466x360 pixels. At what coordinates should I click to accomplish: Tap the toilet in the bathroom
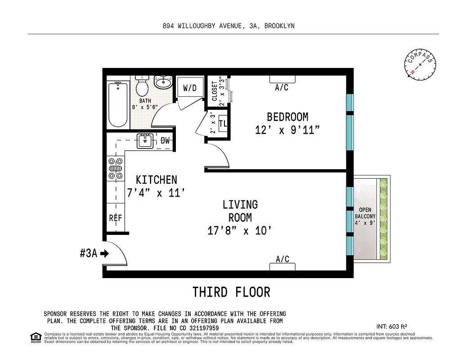point(143,85)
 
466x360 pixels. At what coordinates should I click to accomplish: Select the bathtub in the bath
point(118,104)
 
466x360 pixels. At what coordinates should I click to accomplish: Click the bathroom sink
point(163,82)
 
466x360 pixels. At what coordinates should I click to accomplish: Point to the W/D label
point(190,88)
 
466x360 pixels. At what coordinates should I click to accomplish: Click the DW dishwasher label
point(166,141)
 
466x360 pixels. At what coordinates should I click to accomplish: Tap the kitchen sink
point(145,141)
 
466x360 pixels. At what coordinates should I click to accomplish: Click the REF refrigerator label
point(116,218)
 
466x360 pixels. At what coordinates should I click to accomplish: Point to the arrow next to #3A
point(105,254)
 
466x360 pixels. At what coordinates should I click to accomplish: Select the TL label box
point(223,123)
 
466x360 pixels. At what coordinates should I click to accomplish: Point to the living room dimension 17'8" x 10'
point(240,231)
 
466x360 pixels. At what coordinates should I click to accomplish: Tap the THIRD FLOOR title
point(231,292)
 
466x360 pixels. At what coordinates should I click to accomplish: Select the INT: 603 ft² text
point(391,326)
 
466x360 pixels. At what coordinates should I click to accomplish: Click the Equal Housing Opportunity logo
point(35,337)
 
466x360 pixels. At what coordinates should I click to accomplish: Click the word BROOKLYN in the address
point(279,26)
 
